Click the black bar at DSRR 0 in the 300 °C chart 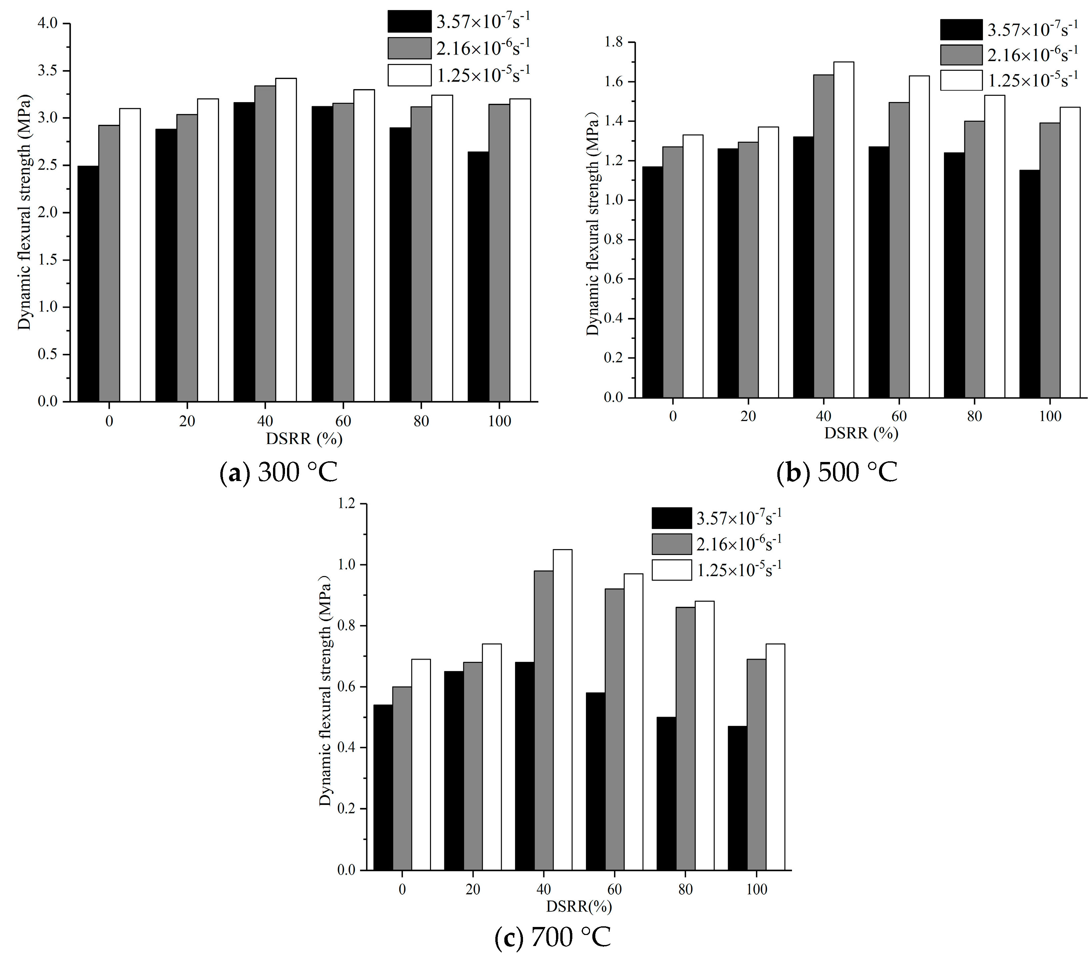(x=88, y=284)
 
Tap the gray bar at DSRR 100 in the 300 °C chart (x=499, y=253)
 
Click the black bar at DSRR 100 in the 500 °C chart (x=1029, y=284)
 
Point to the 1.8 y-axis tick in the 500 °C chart (x=613, y=42)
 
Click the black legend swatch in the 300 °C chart (x=409, y=21)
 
